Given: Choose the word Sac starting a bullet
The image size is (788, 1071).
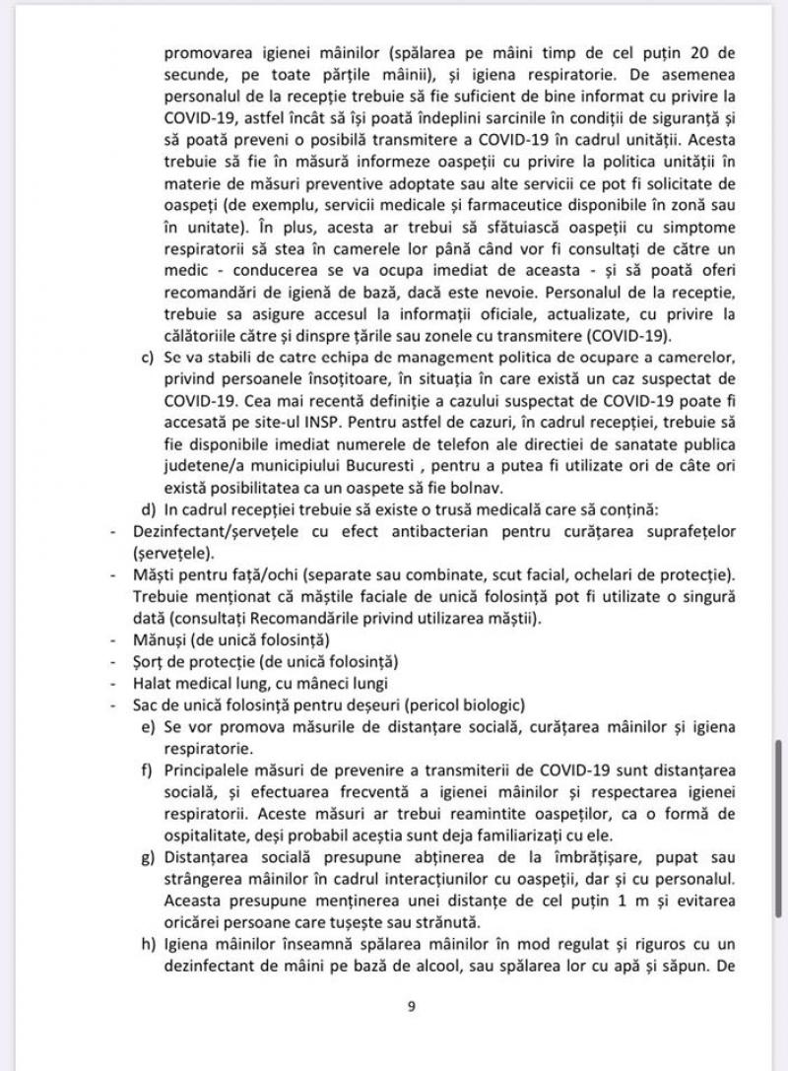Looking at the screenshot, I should (147, 705).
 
